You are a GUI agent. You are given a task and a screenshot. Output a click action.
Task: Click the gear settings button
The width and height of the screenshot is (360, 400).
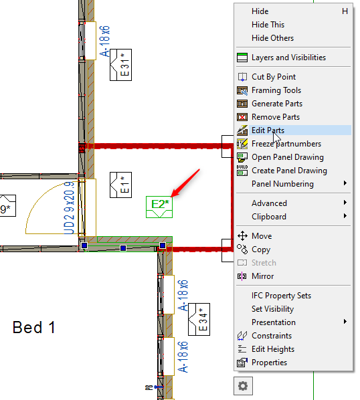click(x=243, y=386)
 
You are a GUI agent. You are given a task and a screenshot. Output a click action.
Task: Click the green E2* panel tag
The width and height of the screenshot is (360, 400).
click(x=159, y=207)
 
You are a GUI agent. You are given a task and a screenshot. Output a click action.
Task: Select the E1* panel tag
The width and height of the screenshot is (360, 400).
click(x=120, y=185)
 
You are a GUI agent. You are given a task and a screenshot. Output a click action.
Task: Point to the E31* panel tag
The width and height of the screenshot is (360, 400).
click(x=120, y=65)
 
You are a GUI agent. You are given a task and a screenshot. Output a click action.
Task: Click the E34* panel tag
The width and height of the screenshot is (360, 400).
click(x=199, y=319)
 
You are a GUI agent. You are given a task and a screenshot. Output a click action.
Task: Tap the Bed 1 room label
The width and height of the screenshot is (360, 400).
click(x=34, y=327)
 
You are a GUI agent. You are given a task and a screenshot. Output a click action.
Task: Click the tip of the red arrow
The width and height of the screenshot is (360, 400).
click(x=171, y=197)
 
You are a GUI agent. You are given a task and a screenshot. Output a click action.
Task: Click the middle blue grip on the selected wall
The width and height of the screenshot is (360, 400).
click(x=123, y=248)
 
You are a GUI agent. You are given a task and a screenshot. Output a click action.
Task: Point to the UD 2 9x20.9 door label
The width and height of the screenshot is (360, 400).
click(x=69, y=208)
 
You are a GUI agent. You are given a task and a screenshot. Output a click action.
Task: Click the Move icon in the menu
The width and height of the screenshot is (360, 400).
click(x=242, y=236)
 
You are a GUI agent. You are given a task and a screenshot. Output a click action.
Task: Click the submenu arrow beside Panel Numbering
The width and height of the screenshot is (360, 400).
click(x=345, y=183)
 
